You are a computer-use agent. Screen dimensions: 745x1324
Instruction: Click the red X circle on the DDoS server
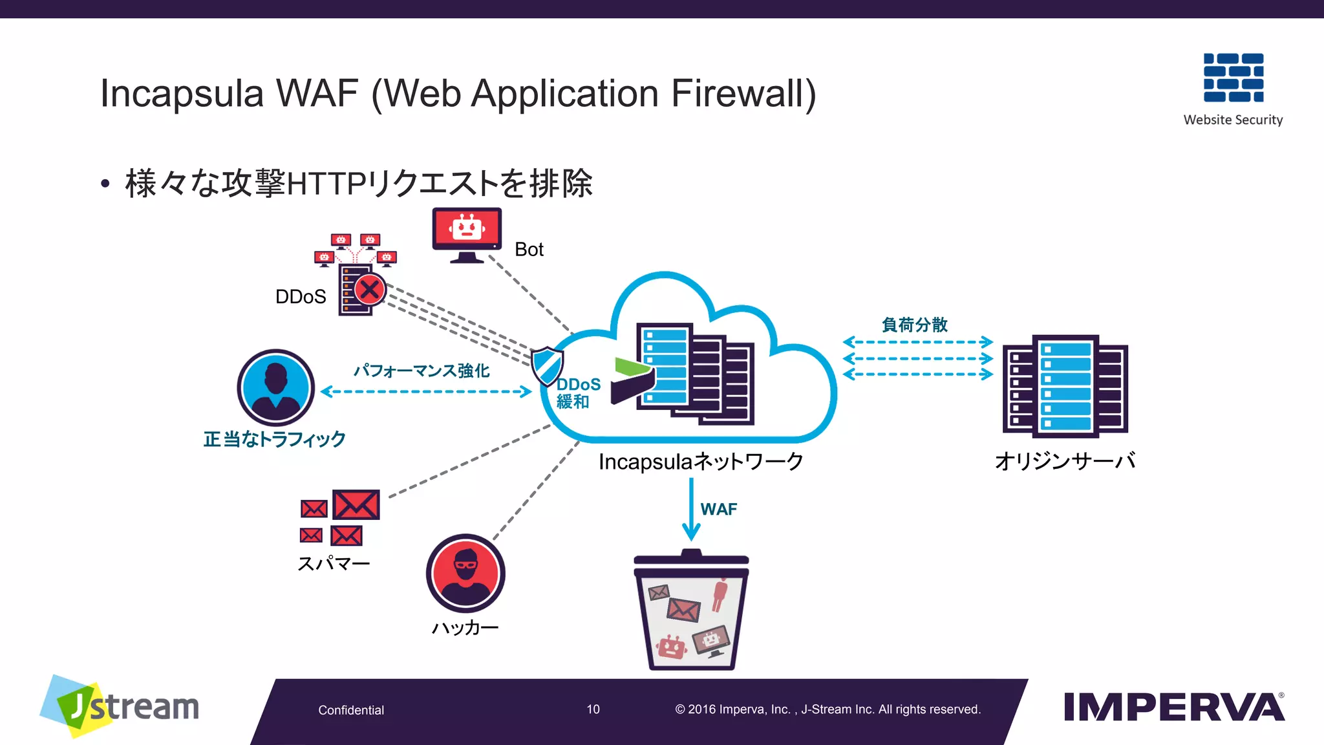(x=370, y=289)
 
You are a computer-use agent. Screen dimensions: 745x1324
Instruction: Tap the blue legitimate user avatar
(x=276, y=387)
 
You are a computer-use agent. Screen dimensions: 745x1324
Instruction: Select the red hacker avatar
(x=465, y=573)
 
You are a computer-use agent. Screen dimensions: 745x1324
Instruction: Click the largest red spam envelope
(x=356, y=504)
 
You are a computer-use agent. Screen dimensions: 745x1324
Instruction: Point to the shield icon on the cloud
(x=547, y=365)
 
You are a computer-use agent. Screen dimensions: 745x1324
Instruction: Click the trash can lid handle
(x=691, y=554)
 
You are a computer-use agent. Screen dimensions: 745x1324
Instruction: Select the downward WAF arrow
(x=691, y=510)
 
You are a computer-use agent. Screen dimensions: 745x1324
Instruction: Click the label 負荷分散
(x=914, y=324)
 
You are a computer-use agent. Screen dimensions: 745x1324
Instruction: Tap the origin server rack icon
(x=1065, y=385)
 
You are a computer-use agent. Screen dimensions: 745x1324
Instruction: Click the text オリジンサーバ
(x=1065, y=461)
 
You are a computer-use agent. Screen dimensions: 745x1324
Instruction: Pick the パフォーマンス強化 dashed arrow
(x=426, y=391)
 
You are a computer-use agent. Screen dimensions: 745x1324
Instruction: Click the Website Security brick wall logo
(x=1233, y=78)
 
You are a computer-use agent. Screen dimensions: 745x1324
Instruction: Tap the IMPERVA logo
(x=1174, y=707)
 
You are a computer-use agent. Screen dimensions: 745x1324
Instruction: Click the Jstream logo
(x=120, y=706)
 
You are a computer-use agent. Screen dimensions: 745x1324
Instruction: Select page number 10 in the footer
(x=593, y=709)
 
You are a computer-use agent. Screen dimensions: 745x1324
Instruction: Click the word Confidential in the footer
(x=351, y=710)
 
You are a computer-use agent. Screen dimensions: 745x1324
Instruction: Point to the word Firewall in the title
(x=743, y=94)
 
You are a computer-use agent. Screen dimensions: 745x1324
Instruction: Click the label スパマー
(x=334, y=563)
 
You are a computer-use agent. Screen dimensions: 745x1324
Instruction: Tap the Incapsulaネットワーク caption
(x=701, y=462)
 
